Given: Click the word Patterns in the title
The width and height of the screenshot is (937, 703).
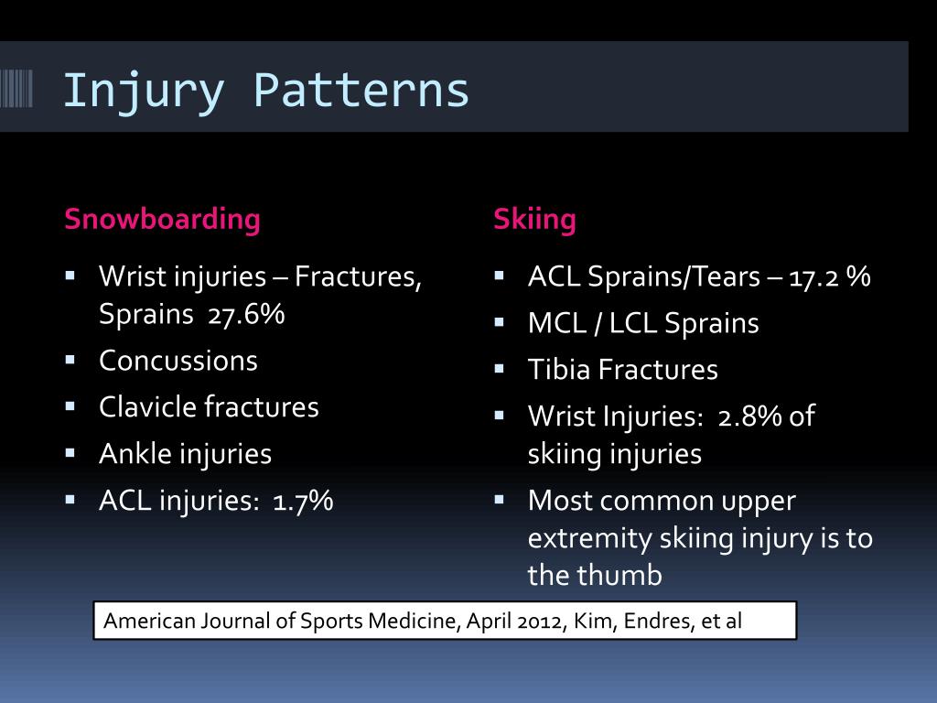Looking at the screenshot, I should point(361,91).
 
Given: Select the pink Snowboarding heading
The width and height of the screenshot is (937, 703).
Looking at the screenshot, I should point(162,220).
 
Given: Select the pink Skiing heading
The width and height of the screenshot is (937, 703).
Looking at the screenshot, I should point(534,220).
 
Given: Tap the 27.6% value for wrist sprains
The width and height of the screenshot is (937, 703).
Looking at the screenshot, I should point(247,314).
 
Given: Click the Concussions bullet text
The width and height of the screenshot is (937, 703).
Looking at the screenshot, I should point(178,361).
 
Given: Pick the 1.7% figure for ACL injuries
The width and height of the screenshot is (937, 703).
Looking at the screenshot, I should point(303,501).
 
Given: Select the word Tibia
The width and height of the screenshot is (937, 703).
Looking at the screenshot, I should point(559,370).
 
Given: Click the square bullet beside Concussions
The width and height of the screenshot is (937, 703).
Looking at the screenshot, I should point(70,359).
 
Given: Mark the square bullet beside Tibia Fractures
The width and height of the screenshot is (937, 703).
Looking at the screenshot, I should point(499,369).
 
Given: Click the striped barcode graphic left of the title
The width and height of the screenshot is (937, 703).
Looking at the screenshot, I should point(16,89).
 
